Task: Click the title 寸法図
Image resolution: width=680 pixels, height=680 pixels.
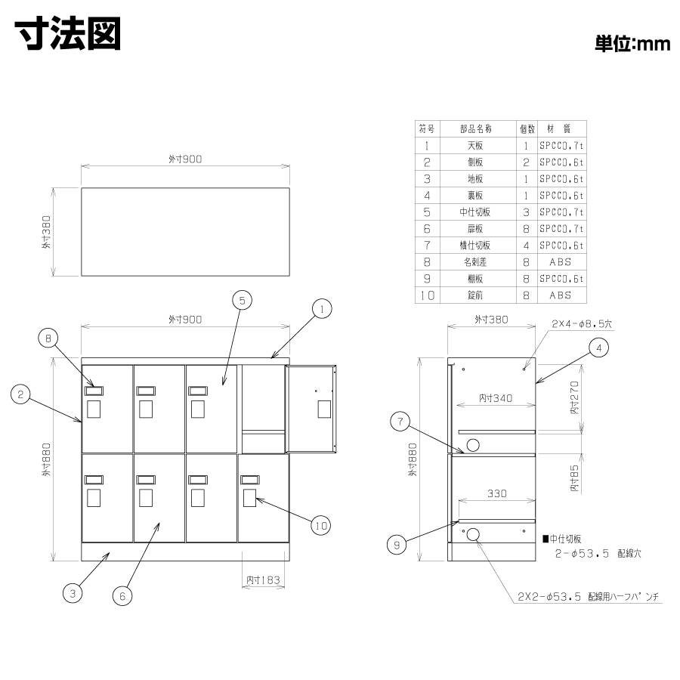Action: tap(68, 34)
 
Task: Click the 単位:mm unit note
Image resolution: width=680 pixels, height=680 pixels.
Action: tap(632, 43)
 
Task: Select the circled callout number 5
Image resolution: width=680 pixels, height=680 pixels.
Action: tap(242, 301)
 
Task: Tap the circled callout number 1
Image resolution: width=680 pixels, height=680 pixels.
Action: tap(322, 309)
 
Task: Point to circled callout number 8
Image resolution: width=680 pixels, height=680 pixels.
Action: tap(48, 338)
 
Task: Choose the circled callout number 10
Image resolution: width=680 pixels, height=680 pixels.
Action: tap(321, 526)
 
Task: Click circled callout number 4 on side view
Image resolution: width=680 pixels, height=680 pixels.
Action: tap(599, 348)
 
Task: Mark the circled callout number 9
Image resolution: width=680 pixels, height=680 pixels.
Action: tap(397, 545)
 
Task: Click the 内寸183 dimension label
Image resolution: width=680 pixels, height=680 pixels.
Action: tap(263, 580)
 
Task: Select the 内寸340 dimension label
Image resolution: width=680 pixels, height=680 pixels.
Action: tap(496, 398)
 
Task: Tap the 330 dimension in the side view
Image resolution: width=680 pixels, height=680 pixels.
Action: tap(497, 493)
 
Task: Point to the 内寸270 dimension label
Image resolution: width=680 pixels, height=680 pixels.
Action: tap(574, 397)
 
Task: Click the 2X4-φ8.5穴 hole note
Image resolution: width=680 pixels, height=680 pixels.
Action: tap(582, 324)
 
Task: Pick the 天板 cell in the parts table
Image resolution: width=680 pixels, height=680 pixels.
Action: tap(475, 146)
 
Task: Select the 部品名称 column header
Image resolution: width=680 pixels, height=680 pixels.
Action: tap(476, 128)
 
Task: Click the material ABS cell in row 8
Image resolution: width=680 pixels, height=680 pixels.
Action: tap(561, 262)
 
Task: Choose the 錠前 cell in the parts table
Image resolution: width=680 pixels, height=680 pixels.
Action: tap(475, 295)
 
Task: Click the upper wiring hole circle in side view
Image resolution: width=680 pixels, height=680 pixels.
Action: tap(473, 445)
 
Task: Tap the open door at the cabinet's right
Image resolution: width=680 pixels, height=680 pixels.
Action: tap(311, 410)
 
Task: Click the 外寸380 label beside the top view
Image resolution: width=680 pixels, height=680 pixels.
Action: tap(46, 232)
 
